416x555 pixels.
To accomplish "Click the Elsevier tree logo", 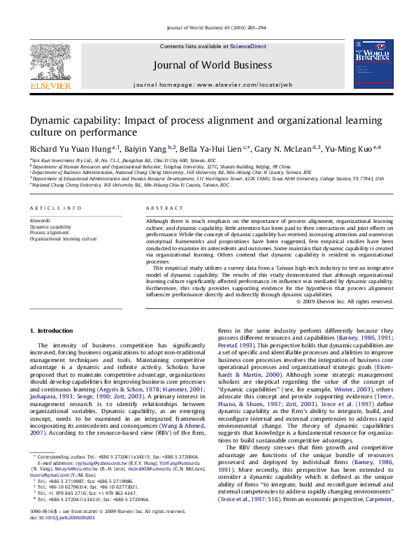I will tap(50, 64).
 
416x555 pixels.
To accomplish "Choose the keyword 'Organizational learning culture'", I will tap(63, 238).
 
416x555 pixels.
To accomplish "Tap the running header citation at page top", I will tap(208, 28).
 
